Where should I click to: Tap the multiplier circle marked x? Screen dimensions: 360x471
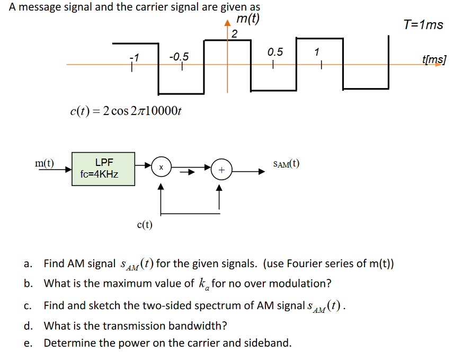tap(161, 167)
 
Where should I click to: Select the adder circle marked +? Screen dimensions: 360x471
tap(221, 170)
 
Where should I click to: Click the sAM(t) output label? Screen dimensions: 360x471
tap(286, 164)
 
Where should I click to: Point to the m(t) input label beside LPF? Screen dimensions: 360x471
tap(45, 163)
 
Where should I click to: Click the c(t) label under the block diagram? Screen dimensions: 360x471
tap(144, 225)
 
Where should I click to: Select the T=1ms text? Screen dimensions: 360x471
tap(423, 24)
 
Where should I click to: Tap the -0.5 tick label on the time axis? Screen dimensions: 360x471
tap(178, 57)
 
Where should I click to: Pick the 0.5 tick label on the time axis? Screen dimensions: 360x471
tap(275, 52)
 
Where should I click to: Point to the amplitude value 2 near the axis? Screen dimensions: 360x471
tap(235, 34)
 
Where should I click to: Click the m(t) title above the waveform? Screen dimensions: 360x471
tap(247, 19)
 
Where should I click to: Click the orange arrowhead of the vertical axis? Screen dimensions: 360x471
tap(228, 23)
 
